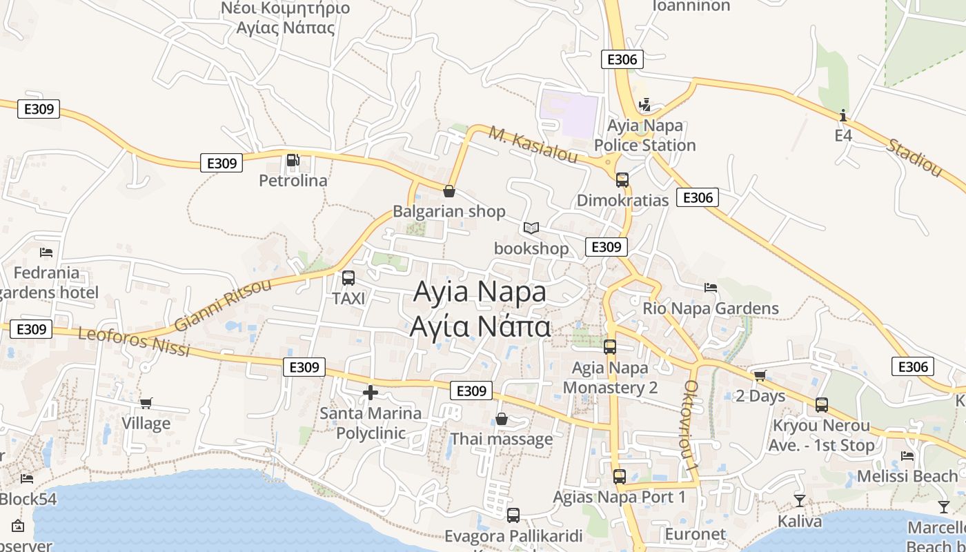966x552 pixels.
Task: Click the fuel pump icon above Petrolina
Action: pyautogui.click(x=293, y=160)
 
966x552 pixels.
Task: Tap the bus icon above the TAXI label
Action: pyautogui.click(x=348, y=278)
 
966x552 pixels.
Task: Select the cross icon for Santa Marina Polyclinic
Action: pyautogui.click(x=371, y=393)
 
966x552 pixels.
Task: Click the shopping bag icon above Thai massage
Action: pyautogui.click(x=502, y=419)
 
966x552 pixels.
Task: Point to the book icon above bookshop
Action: pyautogui.click(x=531, y=228)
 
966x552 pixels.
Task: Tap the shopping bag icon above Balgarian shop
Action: pyautogui.click(x=449, y=190)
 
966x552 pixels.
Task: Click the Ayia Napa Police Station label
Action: pyautogui.click(x=644, y=135)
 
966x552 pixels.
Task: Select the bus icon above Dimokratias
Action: pyautogui.click(x=622, y=180)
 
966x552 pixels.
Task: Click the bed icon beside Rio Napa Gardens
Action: pyautogui.click(x=711, y=287)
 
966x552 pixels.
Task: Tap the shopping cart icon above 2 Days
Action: pyautogui.click(x=760, y=376)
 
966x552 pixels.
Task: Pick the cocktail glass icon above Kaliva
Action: pyautogui.click(x=800, y=500)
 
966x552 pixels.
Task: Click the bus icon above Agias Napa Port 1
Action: pyautogui.click(x=620, y=476)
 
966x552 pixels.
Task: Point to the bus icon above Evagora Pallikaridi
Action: pyautogui.click(x=513, y=515)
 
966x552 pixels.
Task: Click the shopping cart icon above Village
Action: pyautogui.click(x=146, y=403)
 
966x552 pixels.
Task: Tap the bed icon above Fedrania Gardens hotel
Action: pyautogui.click(x=46, y=252)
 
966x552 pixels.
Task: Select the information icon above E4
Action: pyautogui.click(x=843, y=115)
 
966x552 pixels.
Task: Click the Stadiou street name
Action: pyautogui.click(x=914, y=157)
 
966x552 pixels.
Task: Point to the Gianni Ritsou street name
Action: pyautogui.click(x=222, y=305)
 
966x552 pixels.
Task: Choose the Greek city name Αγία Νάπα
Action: pyautogui.click(x=480, y=326)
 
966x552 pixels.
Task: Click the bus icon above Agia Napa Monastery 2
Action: pyautogui.click(x=610, y=347)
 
